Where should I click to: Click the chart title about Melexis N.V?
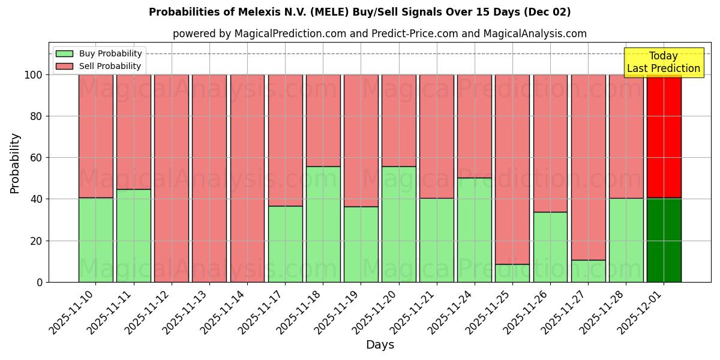click(x=359, y=12)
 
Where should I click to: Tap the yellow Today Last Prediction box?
click(x=663, y=62)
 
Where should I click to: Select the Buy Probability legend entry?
click(x=98, y=53)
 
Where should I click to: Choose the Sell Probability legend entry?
click(x=98, y=66)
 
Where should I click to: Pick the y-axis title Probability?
click(x=15, y=163)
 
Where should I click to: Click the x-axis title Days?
click(x=380, y=345)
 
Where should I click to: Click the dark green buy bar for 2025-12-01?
click(x=664, y=240)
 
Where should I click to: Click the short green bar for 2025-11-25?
click(x=512, y=273)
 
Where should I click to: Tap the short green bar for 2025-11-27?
click(x=588, y=271)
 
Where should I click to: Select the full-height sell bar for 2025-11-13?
click(x=209, y=178)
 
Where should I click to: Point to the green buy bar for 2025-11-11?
click(x=133, y=235)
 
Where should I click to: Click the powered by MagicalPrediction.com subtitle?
click(x=380, y=34)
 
